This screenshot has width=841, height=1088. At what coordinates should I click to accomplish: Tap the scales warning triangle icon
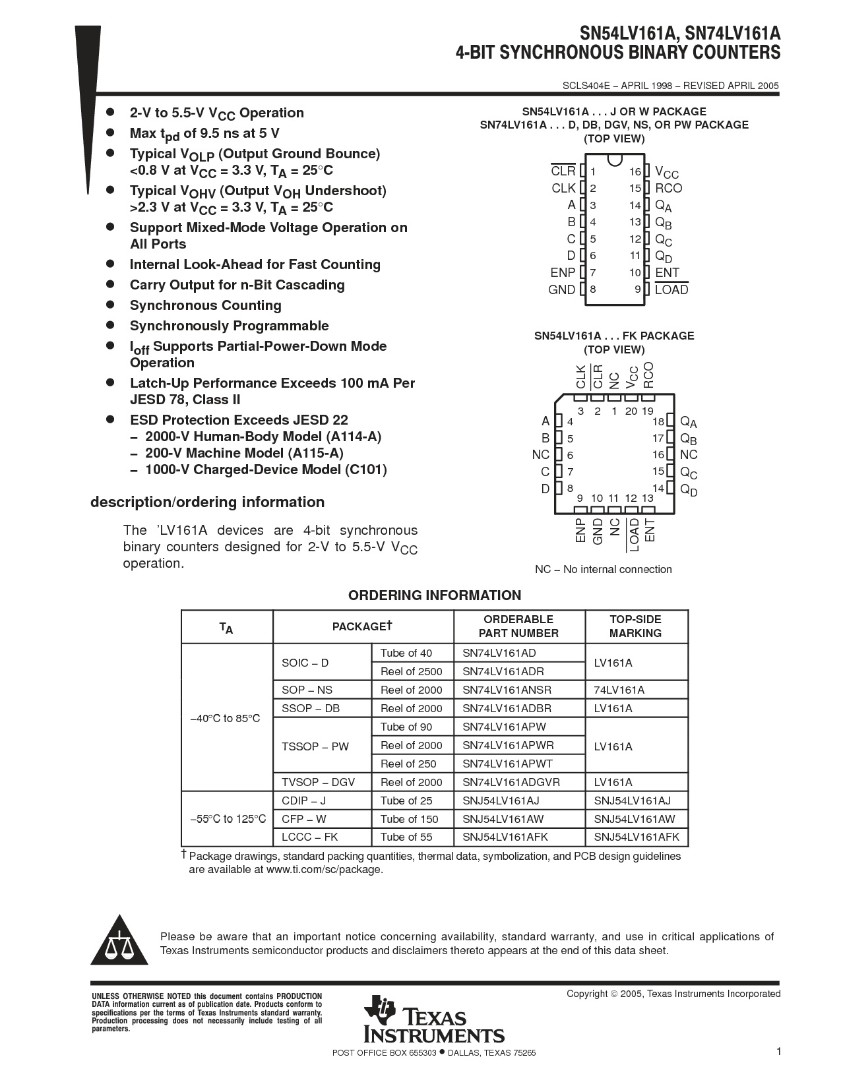tap(117, 941)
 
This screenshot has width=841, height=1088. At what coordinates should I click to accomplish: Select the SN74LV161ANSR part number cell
tap(507, 690)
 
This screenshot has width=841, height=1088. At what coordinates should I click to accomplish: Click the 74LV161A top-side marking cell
tap(619, 690)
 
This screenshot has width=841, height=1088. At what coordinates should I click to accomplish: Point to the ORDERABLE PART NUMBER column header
tap(518, 626)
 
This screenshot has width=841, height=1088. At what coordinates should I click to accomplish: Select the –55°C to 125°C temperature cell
tap(228, 819)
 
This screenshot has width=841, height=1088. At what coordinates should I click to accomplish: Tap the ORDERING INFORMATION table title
tap(434, 595)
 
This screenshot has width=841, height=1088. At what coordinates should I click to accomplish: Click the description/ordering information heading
tap(207, 502)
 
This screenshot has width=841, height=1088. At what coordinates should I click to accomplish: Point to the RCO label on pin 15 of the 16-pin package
tap(668, 188)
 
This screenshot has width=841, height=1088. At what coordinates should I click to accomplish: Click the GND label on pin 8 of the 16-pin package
tap(561, 289)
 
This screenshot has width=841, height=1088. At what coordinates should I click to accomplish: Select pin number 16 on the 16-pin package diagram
tap(635, 171)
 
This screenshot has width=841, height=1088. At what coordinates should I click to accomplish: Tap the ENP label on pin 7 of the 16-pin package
tap(563, 272)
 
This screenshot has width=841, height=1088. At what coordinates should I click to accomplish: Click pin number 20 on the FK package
tap(631, 411)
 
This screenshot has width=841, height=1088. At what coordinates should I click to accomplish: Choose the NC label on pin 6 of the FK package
tap(541, 455)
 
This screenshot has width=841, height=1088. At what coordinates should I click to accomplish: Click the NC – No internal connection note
tap(603, 569)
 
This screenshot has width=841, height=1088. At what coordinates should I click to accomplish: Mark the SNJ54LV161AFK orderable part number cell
tap(505, 837)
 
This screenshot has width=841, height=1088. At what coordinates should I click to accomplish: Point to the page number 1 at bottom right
tap(778, 1052)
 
